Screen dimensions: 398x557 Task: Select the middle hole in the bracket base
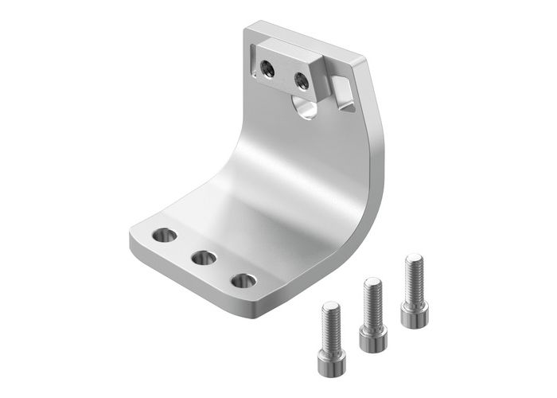(204, 258)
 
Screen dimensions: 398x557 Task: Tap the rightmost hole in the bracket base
(243, 281)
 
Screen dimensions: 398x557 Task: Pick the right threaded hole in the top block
(302, 80)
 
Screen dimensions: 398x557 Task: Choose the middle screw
(372, 314)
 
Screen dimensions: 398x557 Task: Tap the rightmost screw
(414, 290)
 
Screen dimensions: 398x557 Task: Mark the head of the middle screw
(372, 338)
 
